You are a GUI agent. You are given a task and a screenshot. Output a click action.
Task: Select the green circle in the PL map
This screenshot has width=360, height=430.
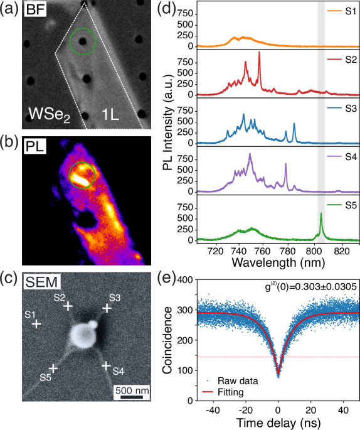click(82, 173)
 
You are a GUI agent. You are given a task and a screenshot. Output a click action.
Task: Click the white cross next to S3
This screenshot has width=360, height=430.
click(107, 308)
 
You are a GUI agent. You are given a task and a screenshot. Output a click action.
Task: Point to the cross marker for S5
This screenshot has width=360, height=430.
click(53, 368)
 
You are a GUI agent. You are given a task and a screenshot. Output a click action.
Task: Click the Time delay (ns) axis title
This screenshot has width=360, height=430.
click(279, 422)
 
